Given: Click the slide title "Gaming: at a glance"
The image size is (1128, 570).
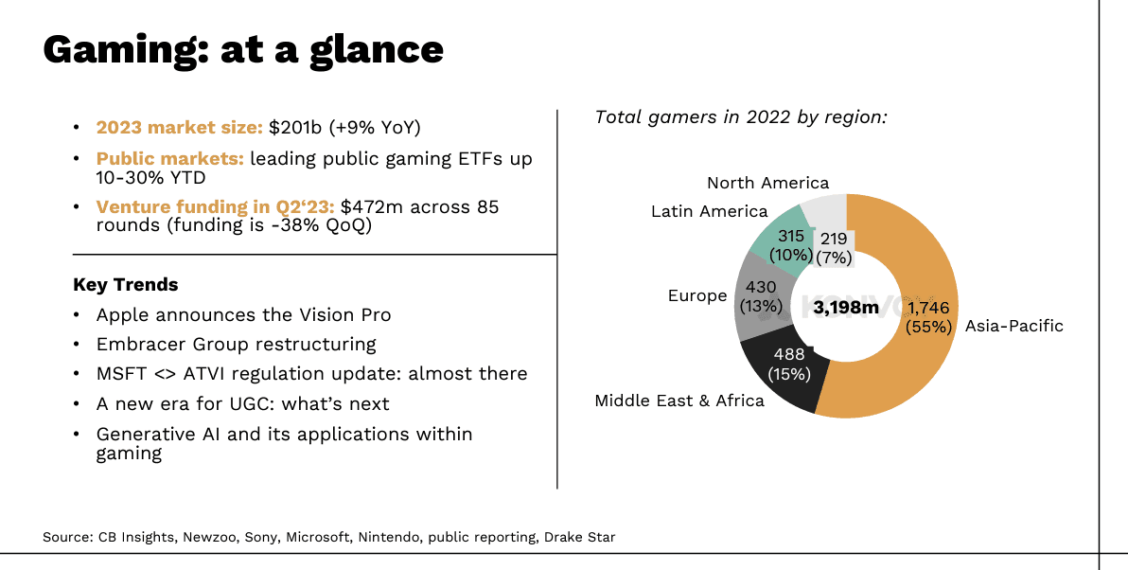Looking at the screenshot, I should (x=243, y=49).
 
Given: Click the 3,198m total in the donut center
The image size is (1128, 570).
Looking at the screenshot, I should (x=845, y=308).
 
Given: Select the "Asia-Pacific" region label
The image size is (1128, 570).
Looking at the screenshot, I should (x=1013, y=326).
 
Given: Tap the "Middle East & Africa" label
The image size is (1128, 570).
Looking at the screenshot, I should (x=679, y=401).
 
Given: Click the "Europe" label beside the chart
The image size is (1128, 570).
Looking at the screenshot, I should (x=696, y=295).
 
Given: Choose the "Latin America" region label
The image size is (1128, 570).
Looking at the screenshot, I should (x=709, y=211).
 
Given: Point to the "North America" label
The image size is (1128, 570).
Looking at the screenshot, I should (x=767, y=183).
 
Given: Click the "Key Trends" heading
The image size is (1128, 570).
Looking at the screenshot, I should (x=125, y=284).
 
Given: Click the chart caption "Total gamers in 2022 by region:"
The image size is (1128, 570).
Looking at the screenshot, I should (x=741, y=116).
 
